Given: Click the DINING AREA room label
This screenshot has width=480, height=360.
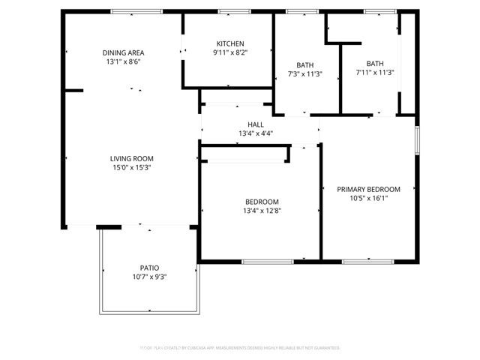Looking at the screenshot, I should pyautogui.click(x=124, y=52).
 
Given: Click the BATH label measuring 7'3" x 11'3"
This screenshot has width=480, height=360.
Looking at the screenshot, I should pyautogui.click(x=305, y=64).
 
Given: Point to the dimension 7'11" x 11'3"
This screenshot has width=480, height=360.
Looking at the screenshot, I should pyautogui.click(x=375, y=73).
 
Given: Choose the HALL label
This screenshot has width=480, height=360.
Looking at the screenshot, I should pyautogui.click(x=256, y=124).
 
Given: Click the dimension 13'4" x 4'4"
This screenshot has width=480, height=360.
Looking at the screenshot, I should pyautogui.click(x=256, y=133).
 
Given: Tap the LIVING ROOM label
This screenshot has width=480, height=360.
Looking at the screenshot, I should pyautogui.click(x=132, y=158).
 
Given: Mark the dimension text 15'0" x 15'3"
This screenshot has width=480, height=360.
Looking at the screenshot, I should pyautogui.click(x=132, y=167).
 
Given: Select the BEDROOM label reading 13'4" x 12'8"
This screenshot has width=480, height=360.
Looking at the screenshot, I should pyautogui.click(x=262, y=202).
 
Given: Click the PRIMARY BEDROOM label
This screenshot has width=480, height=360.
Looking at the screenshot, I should pyautogui.click(x=368, y=189).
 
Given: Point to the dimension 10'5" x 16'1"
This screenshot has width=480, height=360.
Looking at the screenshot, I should pyautogui.click(x=368, y=198).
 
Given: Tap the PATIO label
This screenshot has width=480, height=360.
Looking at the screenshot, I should pyautogui.click(x=149, y=268).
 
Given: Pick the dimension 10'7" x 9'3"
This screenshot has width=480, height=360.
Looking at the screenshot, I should pyautogui.click(x=149, y=277).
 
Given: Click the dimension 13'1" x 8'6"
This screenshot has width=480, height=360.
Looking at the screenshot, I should pyautogui.click(x=124, y=61).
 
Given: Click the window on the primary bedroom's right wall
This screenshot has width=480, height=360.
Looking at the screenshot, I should pyautogui.click(x=417, y=141).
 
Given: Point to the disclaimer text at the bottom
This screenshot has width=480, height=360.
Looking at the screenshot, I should pyautogui.click(x=240, y=348).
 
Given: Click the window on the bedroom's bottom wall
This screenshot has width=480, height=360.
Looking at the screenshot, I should pyautogui.click(x=267, y=261).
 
